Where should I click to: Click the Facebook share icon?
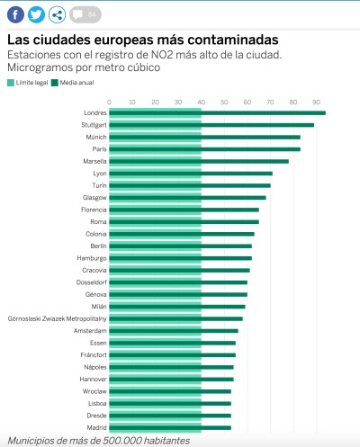[x=15, y=14]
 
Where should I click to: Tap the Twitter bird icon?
[x=36, y=14]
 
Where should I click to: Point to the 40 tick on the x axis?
[x=201, y=102]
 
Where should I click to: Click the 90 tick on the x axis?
[x=316, y=102]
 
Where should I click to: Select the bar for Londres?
[x=216, y=113]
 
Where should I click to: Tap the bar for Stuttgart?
[x=211, y=125]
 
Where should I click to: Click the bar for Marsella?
[x=198, y=161]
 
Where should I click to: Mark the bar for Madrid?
[x=170, y=427]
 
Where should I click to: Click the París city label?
[x=99, y=149]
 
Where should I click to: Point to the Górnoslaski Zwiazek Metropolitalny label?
[x=57, y=318]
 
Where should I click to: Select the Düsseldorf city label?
[x=91, y=282]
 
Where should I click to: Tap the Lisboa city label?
[x=95, y=403]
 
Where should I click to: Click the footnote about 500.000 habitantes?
[x=98, y=441]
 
